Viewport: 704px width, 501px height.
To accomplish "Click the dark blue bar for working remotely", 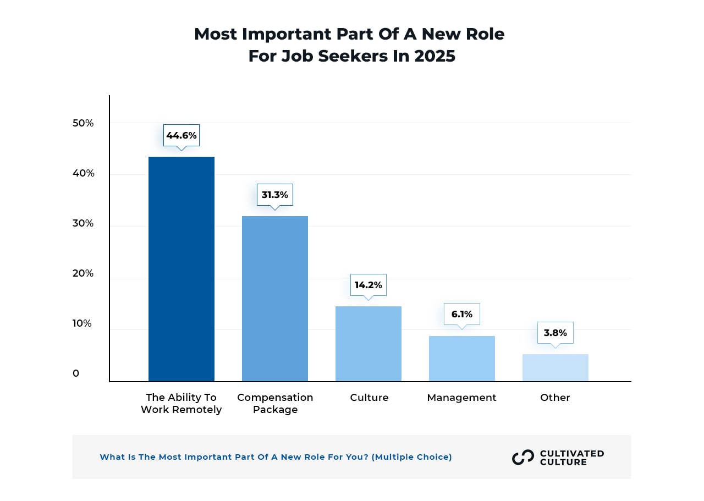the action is point(182,269).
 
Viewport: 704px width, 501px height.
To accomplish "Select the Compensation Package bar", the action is point(275,299).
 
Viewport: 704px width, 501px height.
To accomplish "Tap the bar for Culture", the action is point(369,344).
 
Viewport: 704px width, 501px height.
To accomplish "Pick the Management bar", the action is point(462,359).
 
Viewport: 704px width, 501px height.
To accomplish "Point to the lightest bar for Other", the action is point(555,368).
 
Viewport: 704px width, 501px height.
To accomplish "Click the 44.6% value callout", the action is point(182,135).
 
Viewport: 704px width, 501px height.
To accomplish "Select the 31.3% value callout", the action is point(275,195).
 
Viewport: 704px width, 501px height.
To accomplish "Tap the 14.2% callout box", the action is point(369,285).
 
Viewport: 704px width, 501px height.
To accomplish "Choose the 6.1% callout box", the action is point(462,315).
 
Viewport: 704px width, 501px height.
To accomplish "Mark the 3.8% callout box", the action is point(555,333).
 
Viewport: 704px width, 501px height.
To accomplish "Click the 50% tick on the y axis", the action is point(83,123).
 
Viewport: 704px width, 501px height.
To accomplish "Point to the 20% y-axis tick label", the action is point(83,273).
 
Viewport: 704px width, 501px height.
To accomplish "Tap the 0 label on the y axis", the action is point(76,373).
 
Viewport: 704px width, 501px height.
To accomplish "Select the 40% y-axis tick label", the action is point(83,173).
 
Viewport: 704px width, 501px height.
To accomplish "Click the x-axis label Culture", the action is point(369,398).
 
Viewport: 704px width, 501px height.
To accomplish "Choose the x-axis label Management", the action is point(461,398).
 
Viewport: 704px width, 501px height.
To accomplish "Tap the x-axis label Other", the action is point(555,398).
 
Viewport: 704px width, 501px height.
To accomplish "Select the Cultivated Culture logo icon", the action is point(523,458).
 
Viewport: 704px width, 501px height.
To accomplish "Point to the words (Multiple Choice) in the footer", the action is point(412,457).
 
